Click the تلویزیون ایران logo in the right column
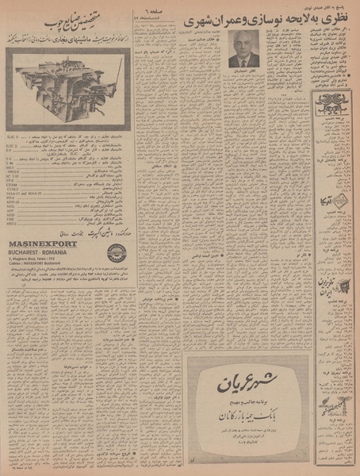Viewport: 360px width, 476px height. click(x=331, y=285)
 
